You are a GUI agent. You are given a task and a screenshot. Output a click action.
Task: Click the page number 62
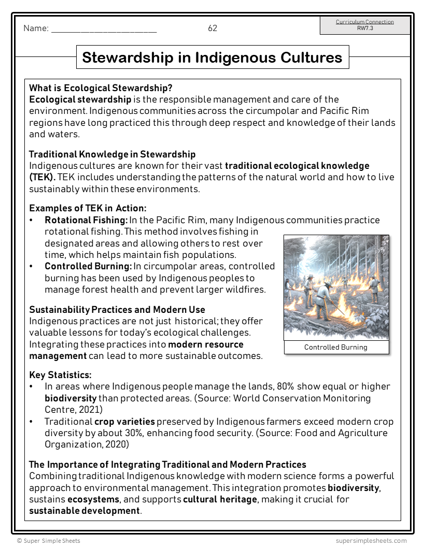212,28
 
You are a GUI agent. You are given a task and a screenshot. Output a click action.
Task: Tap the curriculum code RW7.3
365,28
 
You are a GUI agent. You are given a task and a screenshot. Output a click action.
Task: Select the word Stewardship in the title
130,57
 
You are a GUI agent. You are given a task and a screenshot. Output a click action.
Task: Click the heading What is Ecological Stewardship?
101,88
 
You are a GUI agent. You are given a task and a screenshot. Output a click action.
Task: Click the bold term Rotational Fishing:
86,220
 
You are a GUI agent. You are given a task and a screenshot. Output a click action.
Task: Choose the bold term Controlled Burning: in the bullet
88,266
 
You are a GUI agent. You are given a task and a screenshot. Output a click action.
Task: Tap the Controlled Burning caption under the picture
335,347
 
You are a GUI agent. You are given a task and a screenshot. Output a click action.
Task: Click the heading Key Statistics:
60,374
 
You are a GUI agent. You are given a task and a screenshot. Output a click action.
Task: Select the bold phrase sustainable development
84,511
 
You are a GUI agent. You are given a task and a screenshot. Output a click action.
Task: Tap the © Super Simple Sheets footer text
48,541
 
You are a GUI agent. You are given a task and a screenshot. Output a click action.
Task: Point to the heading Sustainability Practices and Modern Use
117,310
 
